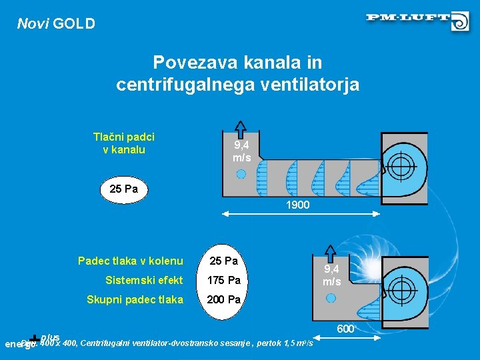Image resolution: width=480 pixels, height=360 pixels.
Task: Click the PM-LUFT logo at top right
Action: [417, 20]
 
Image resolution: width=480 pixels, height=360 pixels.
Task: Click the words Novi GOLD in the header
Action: [56, 24]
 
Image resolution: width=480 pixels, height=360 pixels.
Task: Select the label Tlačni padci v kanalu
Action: [123, 143]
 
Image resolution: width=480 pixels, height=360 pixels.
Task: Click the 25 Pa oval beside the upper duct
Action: [123, 189]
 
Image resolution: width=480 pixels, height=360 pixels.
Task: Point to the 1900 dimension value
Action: [297, 205]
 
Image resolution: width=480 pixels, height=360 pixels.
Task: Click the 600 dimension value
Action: [345, 329]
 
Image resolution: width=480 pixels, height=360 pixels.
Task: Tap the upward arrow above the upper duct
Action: [241, 130]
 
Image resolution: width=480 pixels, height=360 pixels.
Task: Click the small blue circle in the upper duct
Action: [241, 173]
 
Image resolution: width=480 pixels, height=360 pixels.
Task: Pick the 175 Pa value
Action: [224, 280]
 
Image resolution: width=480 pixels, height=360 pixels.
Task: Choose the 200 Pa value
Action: [224, 300]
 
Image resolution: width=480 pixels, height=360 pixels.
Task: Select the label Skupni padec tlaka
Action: [135, 300]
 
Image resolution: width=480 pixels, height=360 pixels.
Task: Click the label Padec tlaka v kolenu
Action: [130, 260]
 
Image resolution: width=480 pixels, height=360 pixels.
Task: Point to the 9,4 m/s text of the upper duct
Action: [241, 151]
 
